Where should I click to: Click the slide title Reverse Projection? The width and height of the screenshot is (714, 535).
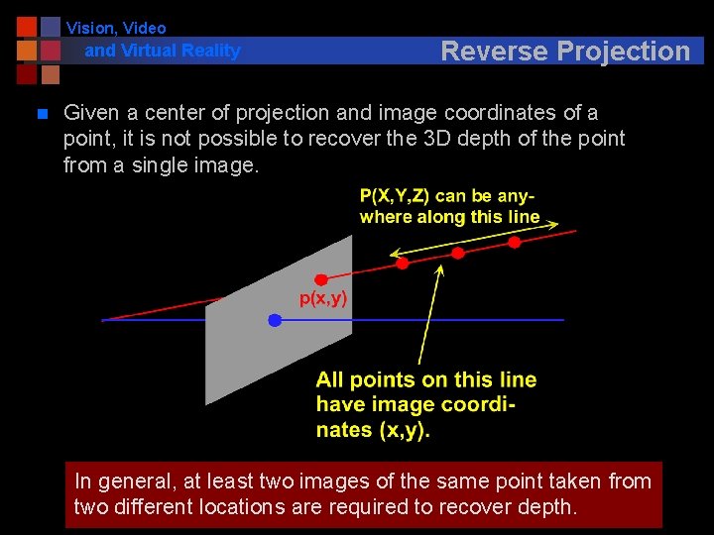[564, 51]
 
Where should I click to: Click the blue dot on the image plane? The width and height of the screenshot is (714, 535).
[275, 320]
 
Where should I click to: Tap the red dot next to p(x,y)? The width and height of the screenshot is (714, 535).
[321, 280]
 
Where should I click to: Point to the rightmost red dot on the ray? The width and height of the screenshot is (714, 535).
[515, 242]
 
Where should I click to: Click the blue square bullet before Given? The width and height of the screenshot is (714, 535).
[41, 115]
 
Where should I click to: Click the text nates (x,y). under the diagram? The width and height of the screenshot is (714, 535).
[373, 430]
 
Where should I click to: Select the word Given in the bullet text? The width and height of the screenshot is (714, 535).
[91, 113]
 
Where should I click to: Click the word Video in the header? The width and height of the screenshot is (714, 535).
[145, 29]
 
